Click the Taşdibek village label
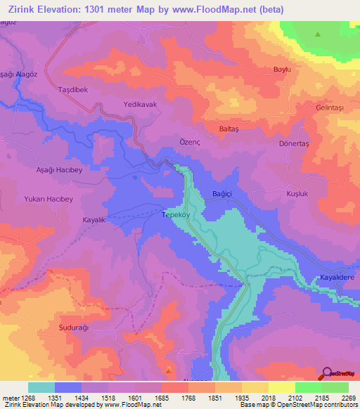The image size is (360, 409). click(72, 91)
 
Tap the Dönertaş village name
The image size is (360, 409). click(295, 143)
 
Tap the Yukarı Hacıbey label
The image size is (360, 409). click(49, 199)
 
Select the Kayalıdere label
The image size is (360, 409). click(337, 277)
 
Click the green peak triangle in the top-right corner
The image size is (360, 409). click(318, 34)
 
